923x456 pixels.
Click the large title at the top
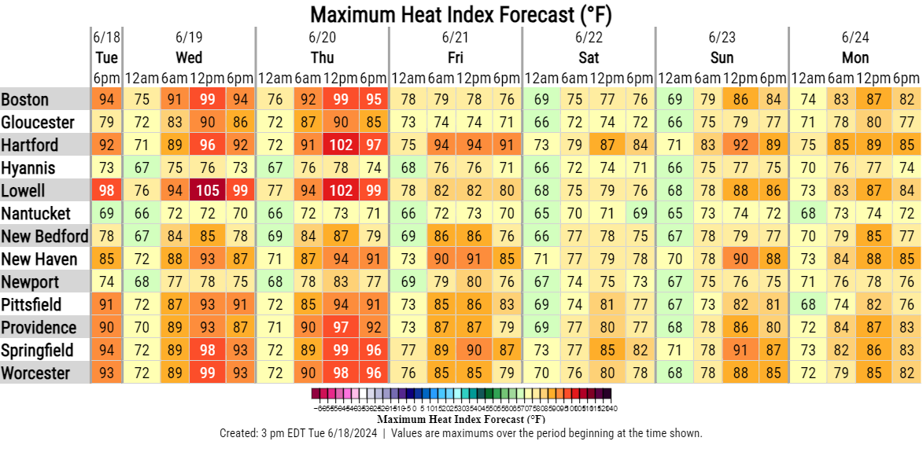(x=460, y=14)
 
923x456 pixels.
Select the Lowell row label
(x=24, y=191)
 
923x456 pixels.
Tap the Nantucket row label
(x=37, y=214)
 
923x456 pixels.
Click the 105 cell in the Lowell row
(x=207, y=191)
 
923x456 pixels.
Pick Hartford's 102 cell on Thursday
(x=341, y=145)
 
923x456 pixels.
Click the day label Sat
(x=589, y=57)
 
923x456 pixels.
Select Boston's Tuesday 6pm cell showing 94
(x=107, y=100)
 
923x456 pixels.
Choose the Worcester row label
(x=36, y=373)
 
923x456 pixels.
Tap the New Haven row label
(x=39, y=259)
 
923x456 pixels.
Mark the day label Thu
(x=323, y=57)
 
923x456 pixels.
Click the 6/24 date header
(x=855, y=37)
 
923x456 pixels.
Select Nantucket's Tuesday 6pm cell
(x=107, y=214)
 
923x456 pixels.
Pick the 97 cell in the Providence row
(x=341, y=328)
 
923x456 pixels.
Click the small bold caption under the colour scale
(x=460, y=419)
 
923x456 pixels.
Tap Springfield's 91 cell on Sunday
(x=740, y=351)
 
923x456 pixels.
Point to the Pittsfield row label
(x=34, y=305)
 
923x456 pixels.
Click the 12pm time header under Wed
(x=207, y=78)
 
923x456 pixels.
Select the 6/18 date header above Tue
(x=106, y=37)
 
